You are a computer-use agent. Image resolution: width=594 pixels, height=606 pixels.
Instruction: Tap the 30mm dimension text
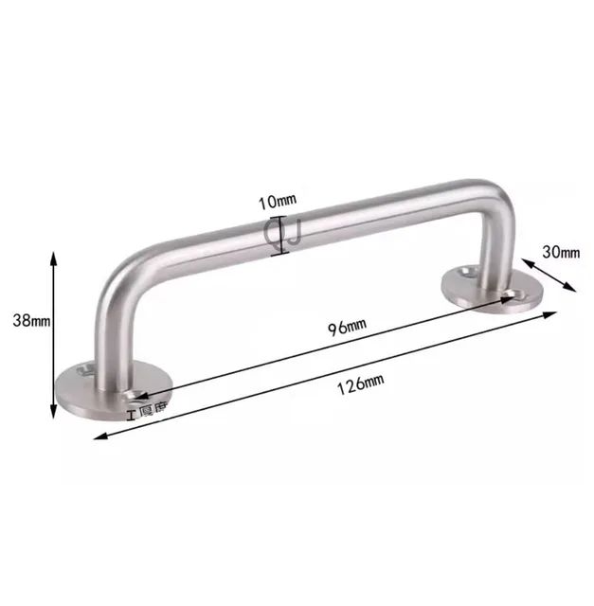562,251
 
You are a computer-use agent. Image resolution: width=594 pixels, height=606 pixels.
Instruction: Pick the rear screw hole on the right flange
465,272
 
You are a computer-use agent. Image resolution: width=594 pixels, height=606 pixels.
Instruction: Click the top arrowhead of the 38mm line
53,257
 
